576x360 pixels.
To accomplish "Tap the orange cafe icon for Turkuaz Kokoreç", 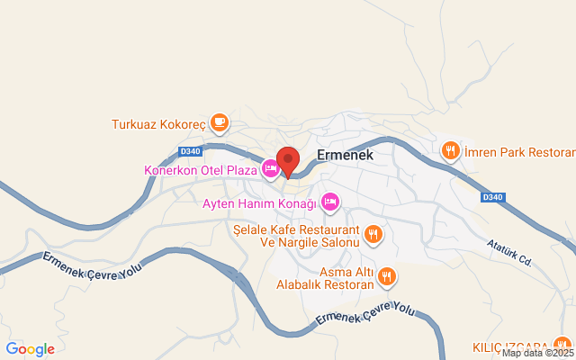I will click(219, 121).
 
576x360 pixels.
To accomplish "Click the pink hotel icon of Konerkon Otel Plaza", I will click(270, 168).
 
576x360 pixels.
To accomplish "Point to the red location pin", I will click(288, 161).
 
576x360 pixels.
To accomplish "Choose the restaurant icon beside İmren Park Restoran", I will click(451, 150).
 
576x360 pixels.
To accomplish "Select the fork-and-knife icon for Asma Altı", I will click(387, 277).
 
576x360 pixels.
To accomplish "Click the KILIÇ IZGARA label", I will click(509, 347).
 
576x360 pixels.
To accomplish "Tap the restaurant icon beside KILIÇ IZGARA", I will click(562, 345).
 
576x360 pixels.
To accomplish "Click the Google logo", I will click(30, 349).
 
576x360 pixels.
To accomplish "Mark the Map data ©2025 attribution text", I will click(537, 354).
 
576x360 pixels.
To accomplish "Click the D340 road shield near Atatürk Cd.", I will click(493, 197).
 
